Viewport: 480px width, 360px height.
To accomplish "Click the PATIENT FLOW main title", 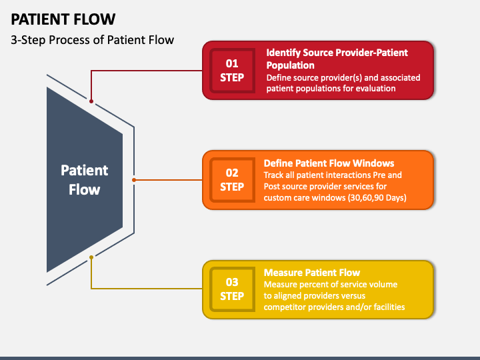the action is [x=63, y=19].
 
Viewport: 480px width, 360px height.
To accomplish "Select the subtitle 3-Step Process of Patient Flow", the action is [x=92, y=40].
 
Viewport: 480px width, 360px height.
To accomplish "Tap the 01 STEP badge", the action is [x=232, y=71].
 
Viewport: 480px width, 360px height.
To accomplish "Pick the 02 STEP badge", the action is [x=232, y=180].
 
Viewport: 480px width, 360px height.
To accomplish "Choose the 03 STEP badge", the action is [x=232, y=289].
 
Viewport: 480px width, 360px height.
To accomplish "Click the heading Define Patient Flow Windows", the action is [x=329, y=163].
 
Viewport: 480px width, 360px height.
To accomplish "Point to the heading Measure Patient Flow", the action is [x=311, y=273].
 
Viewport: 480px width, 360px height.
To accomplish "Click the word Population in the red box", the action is [x=290, y=65].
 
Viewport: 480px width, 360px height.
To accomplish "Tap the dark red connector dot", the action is [x=91, y=101].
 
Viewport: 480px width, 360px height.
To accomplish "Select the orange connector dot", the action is [x=134, y=180].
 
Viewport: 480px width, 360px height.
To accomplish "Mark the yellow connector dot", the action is [x=91, y=257].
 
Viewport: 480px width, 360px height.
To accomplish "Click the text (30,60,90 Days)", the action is [x=377, y=198].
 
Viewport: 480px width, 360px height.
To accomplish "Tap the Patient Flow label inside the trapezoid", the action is [x=84, y=180].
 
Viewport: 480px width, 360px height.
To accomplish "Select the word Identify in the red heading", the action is [x=283, y=53].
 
